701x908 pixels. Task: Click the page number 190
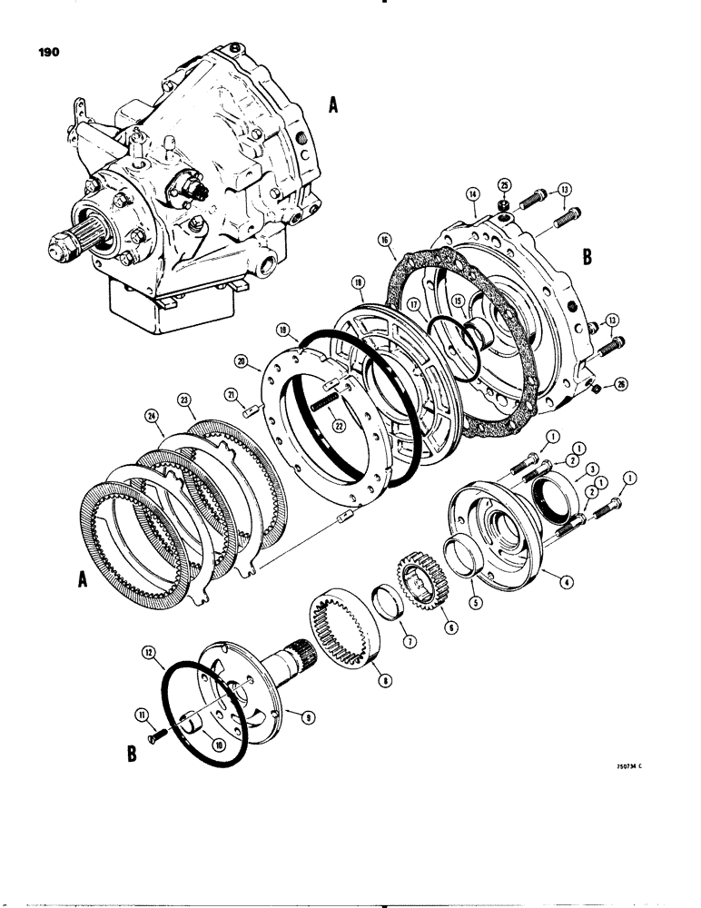(x=48, y=54)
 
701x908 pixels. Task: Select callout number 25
(x=504, y=186)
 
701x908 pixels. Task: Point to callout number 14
(x=472, y=193)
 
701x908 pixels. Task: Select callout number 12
(x=146, y=652)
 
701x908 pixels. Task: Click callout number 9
(x=308, y=716)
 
